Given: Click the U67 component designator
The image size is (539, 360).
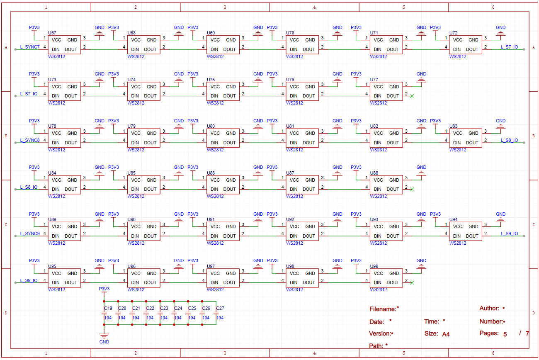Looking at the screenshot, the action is pyautogui.click(x=52, y=32).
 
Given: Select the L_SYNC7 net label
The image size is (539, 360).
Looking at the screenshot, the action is pyautogui.click(x=30, y=47).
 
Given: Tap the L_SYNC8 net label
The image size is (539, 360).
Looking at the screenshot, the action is pyautogui.click(x=30, y=141).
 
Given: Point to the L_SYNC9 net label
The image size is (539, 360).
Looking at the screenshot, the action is pyautogui.click(x=30, y=234).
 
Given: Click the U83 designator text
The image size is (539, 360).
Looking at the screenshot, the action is pyautogui.click(x=454, y=126).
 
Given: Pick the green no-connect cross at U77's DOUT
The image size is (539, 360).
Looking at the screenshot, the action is pyautogui.click(x=412, y=96).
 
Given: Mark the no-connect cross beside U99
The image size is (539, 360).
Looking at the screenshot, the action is pyautogui.click(x=412, y=283).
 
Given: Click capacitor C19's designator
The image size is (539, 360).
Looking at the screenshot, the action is pyautogui.click(x=108, y=308).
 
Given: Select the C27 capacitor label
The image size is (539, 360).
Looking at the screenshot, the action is pyautogui.click(x=220, y=308).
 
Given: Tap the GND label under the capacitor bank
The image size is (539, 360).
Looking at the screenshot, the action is pyautogui.click(x=104, y=342).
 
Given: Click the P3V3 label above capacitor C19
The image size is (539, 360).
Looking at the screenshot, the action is pyautogui.click(x=104, y=289).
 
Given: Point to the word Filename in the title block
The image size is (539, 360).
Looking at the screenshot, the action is pyautogui.click(x=383, y=309).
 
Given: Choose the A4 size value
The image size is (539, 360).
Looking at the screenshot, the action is pyautogui.click(x=446, y=334).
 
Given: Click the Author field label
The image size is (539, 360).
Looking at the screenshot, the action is pyautogui.click(x=489, y=308).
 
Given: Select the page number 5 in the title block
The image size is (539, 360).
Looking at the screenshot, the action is pyautogui.click(x=505, y=334).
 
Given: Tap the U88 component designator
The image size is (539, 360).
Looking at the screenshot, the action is pyautogui.click(x=374, y=173).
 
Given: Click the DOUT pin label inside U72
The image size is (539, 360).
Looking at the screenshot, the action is pyautogui.click(x=472, y=49).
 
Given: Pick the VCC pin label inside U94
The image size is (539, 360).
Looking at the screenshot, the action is pyautogui.click(x=458, y=226).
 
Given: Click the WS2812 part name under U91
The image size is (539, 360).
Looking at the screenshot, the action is pyautogui.click(x=215, y=243).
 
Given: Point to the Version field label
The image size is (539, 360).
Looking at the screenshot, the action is pyautogui.click(x=380, y=333).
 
